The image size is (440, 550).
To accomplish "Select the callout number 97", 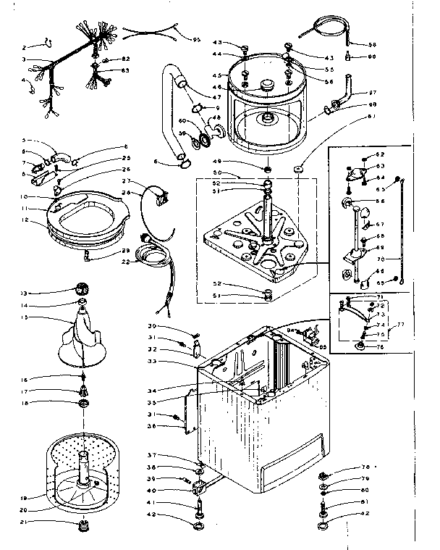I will [373, 93].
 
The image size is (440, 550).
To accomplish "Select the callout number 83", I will [125, 70].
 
